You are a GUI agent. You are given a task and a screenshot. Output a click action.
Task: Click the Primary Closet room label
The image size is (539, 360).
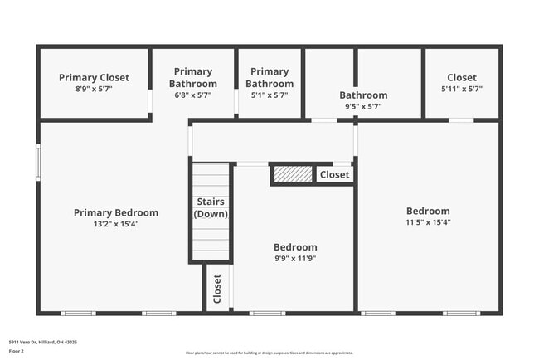[94, 78]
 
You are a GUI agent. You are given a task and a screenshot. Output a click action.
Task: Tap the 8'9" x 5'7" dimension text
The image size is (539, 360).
[94, 89]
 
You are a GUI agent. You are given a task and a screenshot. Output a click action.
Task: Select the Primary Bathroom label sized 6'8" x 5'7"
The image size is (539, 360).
[193, 77]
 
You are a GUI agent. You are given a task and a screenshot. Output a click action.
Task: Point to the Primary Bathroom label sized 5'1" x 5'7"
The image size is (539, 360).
[269, 77]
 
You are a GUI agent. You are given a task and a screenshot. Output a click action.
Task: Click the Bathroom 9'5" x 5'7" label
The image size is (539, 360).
[363, 95]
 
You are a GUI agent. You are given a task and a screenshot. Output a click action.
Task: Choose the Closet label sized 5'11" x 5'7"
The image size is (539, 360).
[462, 78]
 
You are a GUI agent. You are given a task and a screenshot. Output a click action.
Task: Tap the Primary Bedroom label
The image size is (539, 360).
[116, 212]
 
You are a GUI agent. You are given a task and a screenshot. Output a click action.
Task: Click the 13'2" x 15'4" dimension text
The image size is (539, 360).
[116, 223]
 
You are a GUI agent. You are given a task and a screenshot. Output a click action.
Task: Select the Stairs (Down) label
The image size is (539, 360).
[211, 207]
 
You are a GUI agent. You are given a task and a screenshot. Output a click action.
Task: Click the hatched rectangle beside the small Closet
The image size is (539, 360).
[292, 174]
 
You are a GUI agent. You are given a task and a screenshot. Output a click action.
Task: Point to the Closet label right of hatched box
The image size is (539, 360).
[334, 174]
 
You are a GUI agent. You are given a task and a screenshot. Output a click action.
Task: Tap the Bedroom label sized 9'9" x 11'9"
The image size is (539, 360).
[295, 247]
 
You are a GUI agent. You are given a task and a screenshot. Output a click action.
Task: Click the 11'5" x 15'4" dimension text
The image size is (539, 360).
[428, 222]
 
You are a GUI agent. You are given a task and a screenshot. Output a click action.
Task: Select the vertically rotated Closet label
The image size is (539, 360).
[217, 289]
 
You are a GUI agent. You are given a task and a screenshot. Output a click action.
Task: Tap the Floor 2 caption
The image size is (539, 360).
[17, 351]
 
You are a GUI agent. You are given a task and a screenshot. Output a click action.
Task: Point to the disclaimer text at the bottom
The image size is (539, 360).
[269, 353]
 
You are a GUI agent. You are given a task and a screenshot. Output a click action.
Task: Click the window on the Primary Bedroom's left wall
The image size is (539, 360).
[38, 163]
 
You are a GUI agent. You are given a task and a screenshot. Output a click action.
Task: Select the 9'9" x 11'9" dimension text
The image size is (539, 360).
[295, 258]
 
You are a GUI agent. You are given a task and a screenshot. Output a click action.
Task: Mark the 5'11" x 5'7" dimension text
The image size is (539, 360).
[462, 89]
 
